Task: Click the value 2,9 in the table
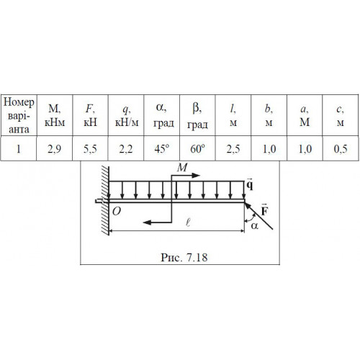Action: point(54,149)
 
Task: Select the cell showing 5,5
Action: point(90,149)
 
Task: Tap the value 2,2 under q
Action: point(126,149)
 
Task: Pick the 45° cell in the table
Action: point(162,149)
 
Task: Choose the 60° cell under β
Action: point(197,149)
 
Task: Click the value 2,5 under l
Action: point(233,149)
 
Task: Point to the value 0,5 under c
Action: point(341,149)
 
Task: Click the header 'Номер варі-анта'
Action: point(19,116)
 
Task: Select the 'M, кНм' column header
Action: point(55,116)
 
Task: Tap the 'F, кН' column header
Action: point(90,116)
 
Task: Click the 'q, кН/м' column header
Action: point(127,116)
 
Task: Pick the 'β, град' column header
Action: point(197,116)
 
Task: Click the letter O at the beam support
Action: point(117,212)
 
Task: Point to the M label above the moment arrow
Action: point(182,167)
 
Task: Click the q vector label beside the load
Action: point(250,185)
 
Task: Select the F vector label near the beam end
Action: point(264,210)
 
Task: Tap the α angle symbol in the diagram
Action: point(255,226)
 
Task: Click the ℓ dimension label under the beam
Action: point(188,223)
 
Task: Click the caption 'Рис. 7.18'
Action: point(184,258)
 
